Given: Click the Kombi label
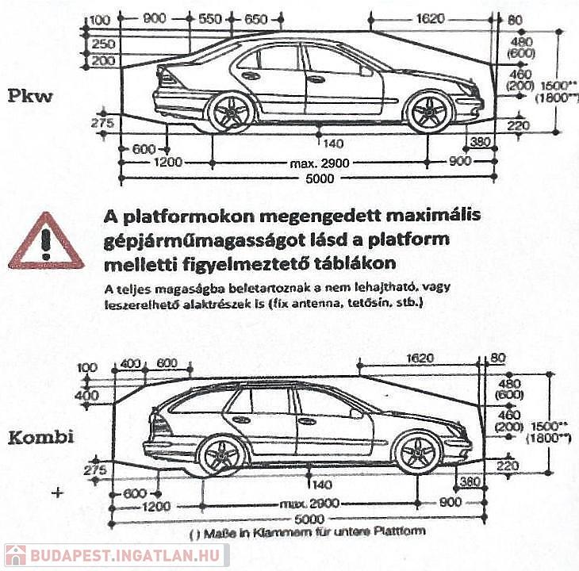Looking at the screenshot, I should (40, 437).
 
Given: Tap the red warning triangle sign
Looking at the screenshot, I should (46, 240).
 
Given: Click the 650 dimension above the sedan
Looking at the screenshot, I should (256, 19).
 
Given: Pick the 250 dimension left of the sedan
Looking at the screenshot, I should (102, 45).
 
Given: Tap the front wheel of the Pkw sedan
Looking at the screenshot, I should (429, 112).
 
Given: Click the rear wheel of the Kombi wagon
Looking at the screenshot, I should (220, 454).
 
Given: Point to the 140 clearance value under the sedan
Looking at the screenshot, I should (333, 143).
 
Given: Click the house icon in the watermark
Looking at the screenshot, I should (15, 556).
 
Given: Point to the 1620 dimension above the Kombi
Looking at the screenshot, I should (420, 358).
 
